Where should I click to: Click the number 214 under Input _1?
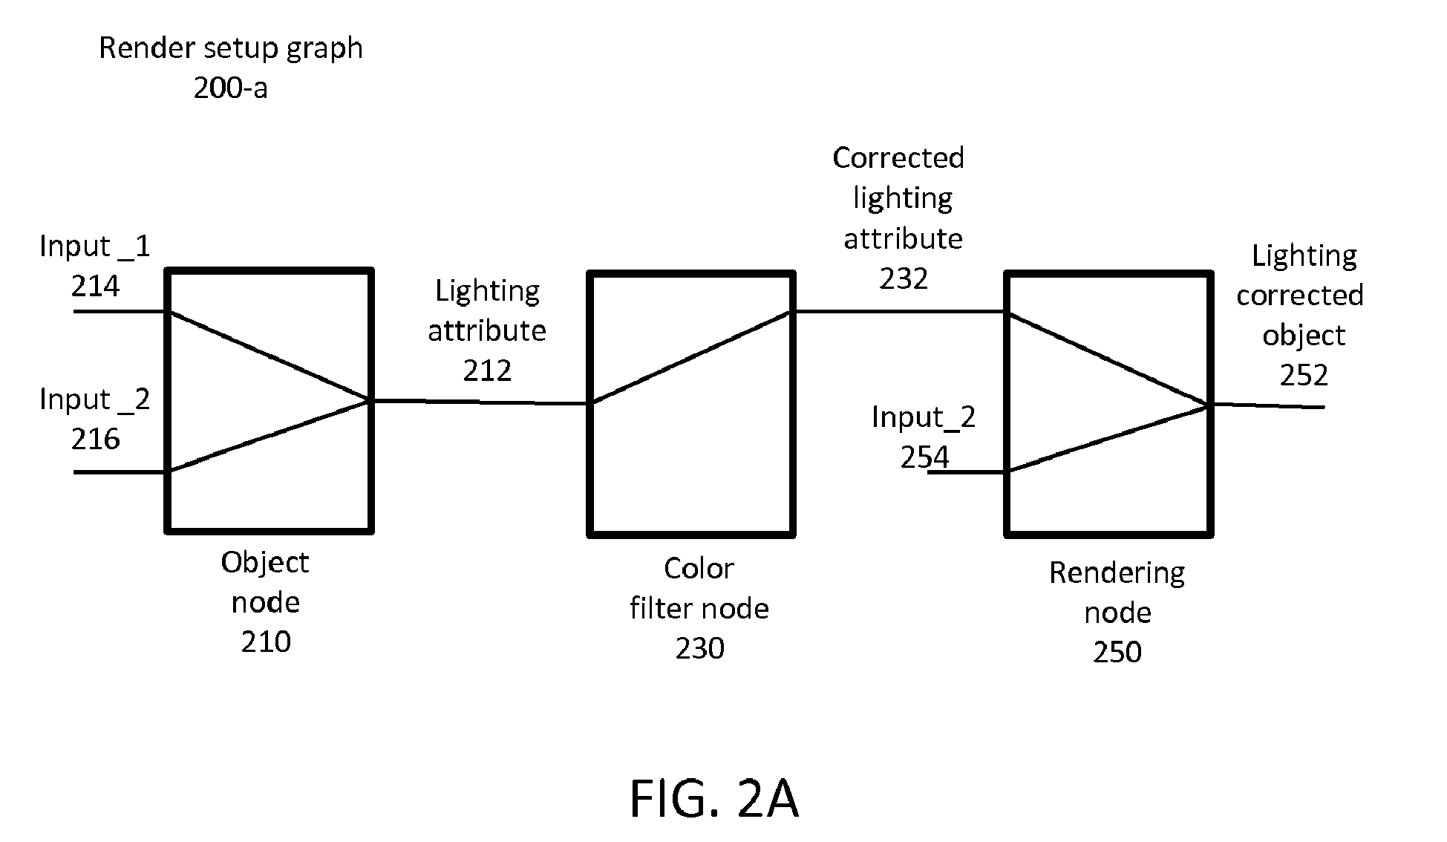coord(95,287)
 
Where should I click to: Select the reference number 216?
coord(95,440)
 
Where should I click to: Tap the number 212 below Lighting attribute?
coord(487,371)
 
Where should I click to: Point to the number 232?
coord(904,279)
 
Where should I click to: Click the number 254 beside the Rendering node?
coord(924,457)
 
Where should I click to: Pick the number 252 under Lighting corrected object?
coord(1304,376)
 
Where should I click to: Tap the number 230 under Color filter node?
coord(699,649)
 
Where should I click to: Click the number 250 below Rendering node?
coord(1117,653)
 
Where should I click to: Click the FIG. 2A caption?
coord(713,800)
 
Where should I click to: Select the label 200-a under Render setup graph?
coord(230,88)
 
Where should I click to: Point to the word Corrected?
coord(898,158)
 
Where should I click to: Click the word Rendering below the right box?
coord(1117,573)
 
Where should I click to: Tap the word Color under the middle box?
coord(699,569)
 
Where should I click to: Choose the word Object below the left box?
coord(264,563)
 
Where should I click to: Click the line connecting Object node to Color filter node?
coord(480,402)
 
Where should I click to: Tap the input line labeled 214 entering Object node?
coord(119,311)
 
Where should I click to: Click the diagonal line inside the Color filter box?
coord(691,357)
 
